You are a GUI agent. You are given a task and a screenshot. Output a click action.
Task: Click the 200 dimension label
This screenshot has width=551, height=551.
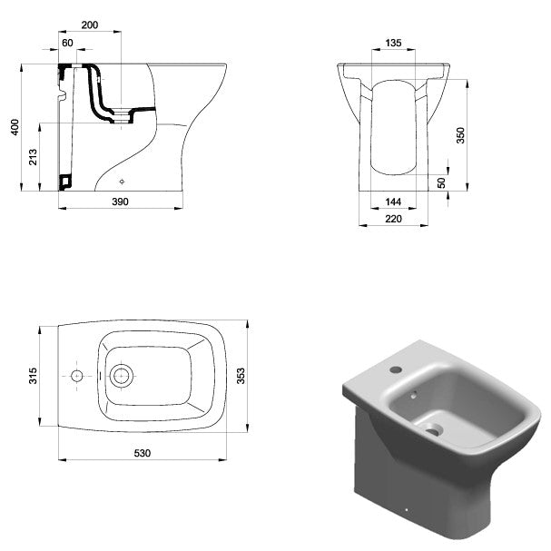pos(90,25)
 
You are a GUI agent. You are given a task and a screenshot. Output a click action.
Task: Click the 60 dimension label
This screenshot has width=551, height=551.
pos(67,43)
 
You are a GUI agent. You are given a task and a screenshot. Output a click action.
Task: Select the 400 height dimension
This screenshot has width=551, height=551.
pos(15,127)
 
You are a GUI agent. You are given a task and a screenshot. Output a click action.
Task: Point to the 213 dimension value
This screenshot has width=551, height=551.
pos(33,157)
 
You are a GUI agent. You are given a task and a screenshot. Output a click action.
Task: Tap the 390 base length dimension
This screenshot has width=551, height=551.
pos(120,202)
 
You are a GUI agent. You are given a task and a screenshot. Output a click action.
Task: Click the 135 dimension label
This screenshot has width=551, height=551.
pos(393,43)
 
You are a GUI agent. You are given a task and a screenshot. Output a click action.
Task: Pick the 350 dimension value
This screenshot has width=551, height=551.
pos(460,135)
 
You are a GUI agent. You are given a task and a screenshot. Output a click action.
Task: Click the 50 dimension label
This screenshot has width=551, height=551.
pos(441,182)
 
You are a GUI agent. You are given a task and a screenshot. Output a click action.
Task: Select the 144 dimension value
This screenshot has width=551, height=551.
pos(393,202)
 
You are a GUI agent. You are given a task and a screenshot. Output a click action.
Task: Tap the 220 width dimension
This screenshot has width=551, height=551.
pos(393,219)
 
